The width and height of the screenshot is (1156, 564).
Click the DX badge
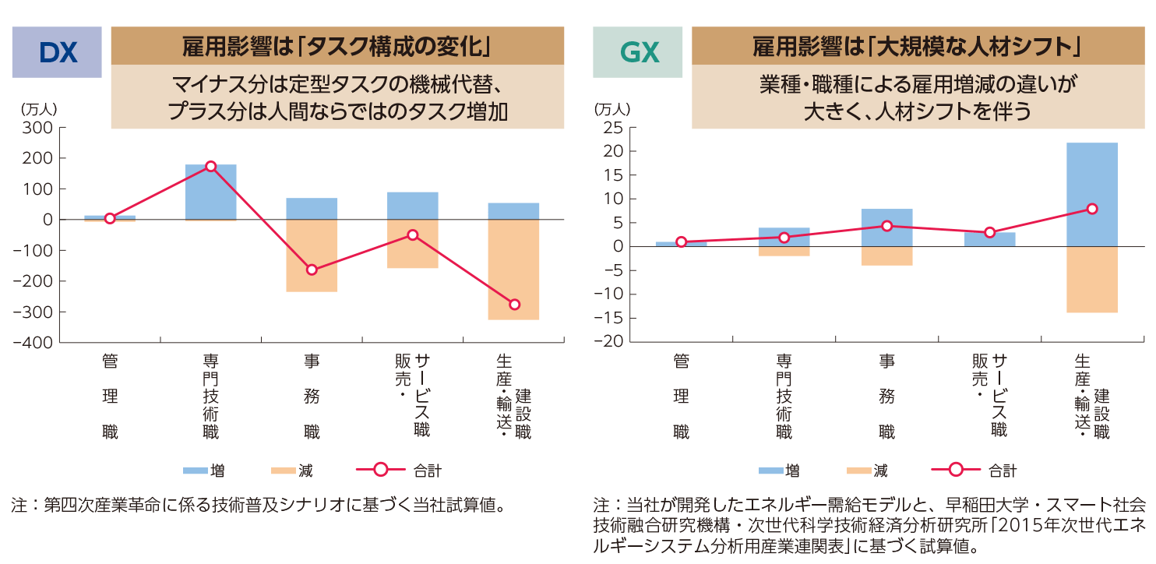click(x=57, y=52)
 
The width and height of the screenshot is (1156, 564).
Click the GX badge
click(x=639, y=52)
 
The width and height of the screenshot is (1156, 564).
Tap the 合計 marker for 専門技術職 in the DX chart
click(x=210, y=166)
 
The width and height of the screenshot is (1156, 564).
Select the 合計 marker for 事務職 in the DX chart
click(x=312, y=270)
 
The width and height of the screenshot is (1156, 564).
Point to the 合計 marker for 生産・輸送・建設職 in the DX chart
click(x=513, y=304)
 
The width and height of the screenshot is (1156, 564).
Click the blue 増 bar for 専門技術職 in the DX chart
click(x=210, y=192)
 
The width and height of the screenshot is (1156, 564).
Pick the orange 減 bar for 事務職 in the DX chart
click(x=312, y=256)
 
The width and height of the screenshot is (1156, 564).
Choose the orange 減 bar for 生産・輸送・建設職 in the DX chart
click(x=513, y=270)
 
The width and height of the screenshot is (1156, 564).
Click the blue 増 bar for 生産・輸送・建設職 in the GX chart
click(x=1092, y=195)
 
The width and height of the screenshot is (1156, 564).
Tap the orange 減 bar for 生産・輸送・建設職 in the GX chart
click(x=1092, y=280)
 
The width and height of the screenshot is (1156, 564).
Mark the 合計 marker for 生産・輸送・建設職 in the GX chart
click(x=1092, y=209)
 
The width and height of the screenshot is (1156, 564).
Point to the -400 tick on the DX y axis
click(x=36, y=343)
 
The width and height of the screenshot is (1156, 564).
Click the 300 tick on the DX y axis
click(x=39, y=127)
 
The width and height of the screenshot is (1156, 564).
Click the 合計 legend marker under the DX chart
click(x=381, y=470)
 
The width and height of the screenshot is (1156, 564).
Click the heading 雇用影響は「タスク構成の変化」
click(x=337, y=47)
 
